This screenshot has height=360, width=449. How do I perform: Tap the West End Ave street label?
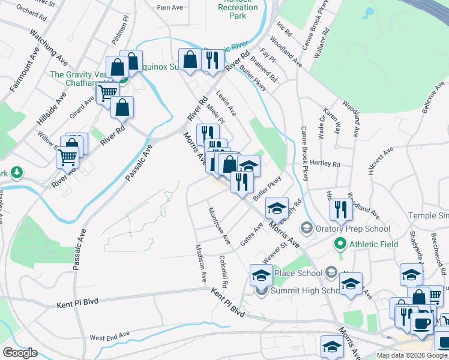pos(109,335)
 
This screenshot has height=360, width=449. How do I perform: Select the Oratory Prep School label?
pos(354,229)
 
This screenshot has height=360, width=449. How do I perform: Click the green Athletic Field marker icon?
pos(340,244)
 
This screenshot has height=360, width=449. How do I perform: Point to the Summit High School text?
pos(306,290)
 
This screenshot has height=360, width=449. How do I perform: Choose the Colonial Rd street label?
pos(224,271)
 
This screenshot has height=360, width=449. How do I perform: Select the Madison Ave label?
pos(200,263)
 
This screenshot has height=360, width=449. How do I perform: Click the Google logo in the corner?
pos(20,353)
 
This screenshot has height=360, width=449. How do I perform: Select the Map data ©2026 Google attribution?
pos(412,355)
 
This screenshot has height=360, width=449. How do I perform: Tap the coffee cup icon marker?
pos(421,323)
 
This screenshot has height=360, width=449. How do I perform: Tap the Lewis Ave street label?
pos(226,104)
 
